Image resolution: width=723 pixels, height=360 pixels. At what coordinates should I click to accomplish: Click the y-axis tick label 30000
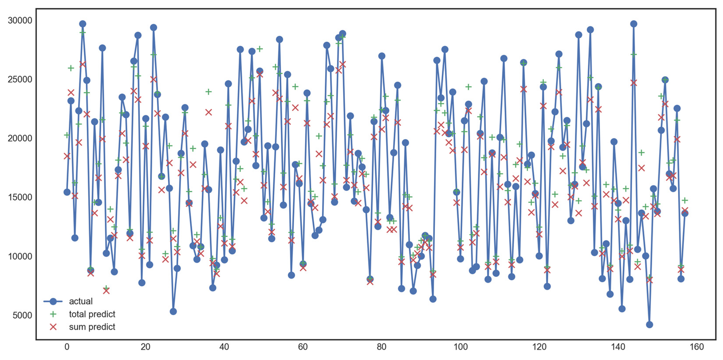point(20,20)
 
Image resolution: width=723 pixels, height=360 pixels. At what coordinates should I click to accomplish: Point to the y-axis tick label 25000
point(20,79)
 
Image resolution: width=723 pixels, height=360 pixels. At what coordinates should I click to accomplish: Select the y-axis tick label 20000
point(20,138)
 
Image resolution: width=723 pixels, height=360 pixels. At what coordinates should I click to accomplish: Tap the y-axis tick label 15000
point(20,197)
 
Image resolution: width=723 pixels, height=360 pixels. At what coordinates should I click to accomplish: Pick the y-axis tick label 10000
point(20,256)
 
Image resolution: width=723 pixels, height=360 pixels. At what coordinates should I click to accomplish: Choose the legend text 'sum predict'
point(92,327)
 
